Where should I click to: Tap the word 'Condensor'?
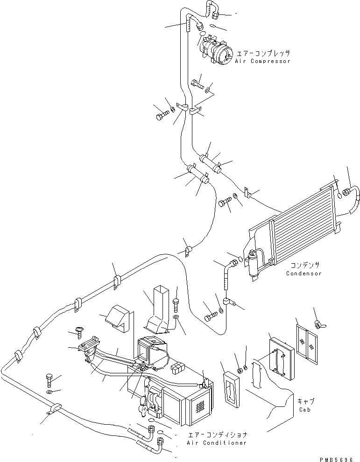[304, 273]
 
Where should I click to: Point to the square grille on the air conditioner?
[201, 403]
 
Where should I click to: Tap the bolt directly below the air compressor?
[198, 85]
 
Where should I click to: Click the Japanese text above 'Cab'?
[306, 401]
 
